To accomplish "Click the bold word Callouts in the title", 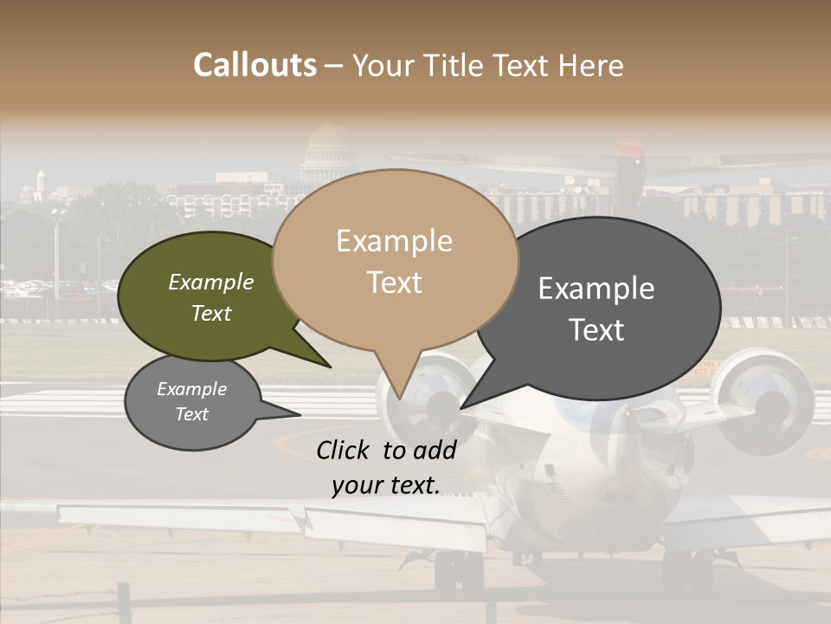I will point(254,65).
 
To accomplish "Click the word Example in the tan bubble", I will point(395,241).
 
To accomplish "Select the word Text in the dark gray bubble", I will point(597,330).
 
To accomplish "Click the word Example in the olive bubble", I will point(211,282).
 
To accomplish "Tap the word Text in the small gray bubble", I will point(192,414).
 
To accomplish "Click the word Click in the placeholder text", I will point(344,450).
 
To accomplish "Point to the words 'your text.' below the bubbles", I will point(386,485).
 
